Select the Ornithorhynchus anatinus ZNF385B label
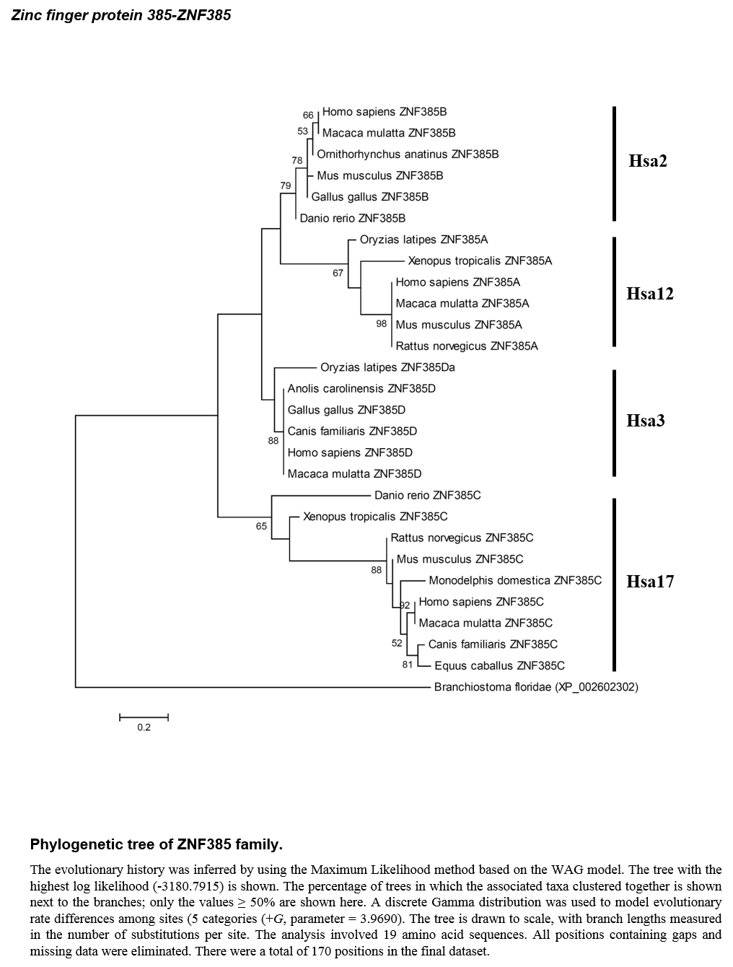pyautogui.click(x=408, y=154)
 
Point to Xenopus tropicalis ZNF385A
pyautogui.click(x=480, y=261)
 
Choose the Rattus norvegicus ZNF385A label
pyautogui.click(x=467, y=346)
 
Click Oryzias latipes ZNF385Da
pyautogui.click(x=387, y=367)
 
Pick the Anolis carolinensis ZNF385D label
pyautogui.click(x=361, y=388)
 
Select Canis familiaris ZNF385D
pyautogui.click(x=352, y=431)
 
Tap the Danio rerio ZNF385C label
pyautogui.click(x=427, y=495)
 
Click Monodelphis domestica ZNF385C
pyautogui.click(x=514, y=580)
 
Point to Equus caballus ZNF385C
pyautogui.click(x=499, y=665)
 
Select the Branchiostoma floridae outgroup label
pyautogui.click(x=536, y=687)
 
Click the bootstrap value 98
pyautogui.click(x=382, y=324)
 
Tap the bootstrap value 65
pyautogui.click(x=261, y=526)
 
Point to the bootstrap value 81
pyautogui.click(x=408, y=665)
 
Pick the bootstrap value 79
pyautogui.click(x=286, y=186)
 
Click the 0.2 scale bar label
pyautogui.click(x=144, y=727)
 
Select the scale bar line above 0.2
pyautogui.click(x=144, y=717)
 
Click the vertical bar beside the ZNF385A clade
pyautogui.click(x=614, y=292)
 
